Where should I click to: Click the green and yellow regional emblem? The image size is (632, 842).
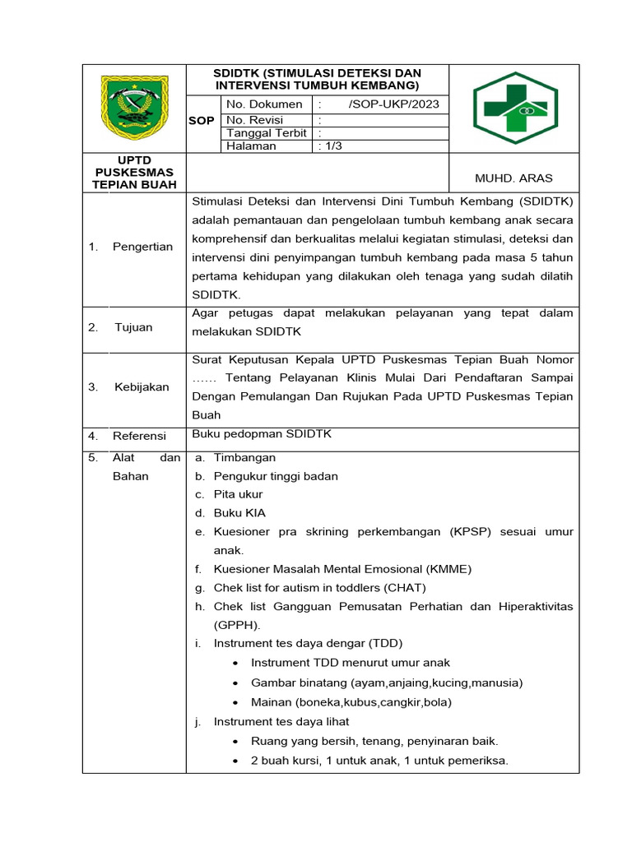[134, 108]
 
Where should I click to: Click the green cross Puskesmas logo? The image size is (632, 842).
[515, 109]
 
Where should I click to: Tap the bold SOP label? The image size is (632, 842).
[202, 121]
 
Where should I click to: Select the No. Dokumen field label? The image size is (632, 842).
[264, 104]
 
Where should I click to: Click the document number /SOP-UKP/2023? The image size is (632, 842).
[393, 104]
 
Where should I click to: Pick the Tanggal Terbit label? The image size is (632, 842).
[267, 133]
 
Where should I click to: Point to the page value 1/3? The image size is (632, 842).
[331, 146]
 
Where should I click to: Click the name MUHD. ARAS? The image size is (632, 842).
[514, 178]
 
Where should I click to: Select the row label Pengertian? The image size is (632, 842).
[142, 247]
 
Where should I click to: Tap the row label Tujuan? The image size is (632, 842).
[133, 327]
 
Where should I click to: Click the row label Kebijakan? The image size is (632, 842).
[142, 386]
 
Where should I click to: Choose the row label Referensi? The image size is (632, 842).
[139, 436]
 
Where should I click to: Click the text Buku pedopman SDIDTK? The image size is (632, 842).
[262, 434]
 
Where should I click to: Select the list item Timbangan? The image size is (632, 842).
[244, 457]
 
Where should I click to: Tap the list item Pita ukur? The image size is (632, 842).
[238, 494]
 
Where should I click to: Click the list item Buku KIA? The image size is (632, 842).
[239, 512]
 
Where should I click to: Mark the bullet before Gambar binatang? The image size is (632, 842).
[236, 683]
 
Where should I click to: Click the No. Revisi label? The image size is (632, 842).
[255, 120]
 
